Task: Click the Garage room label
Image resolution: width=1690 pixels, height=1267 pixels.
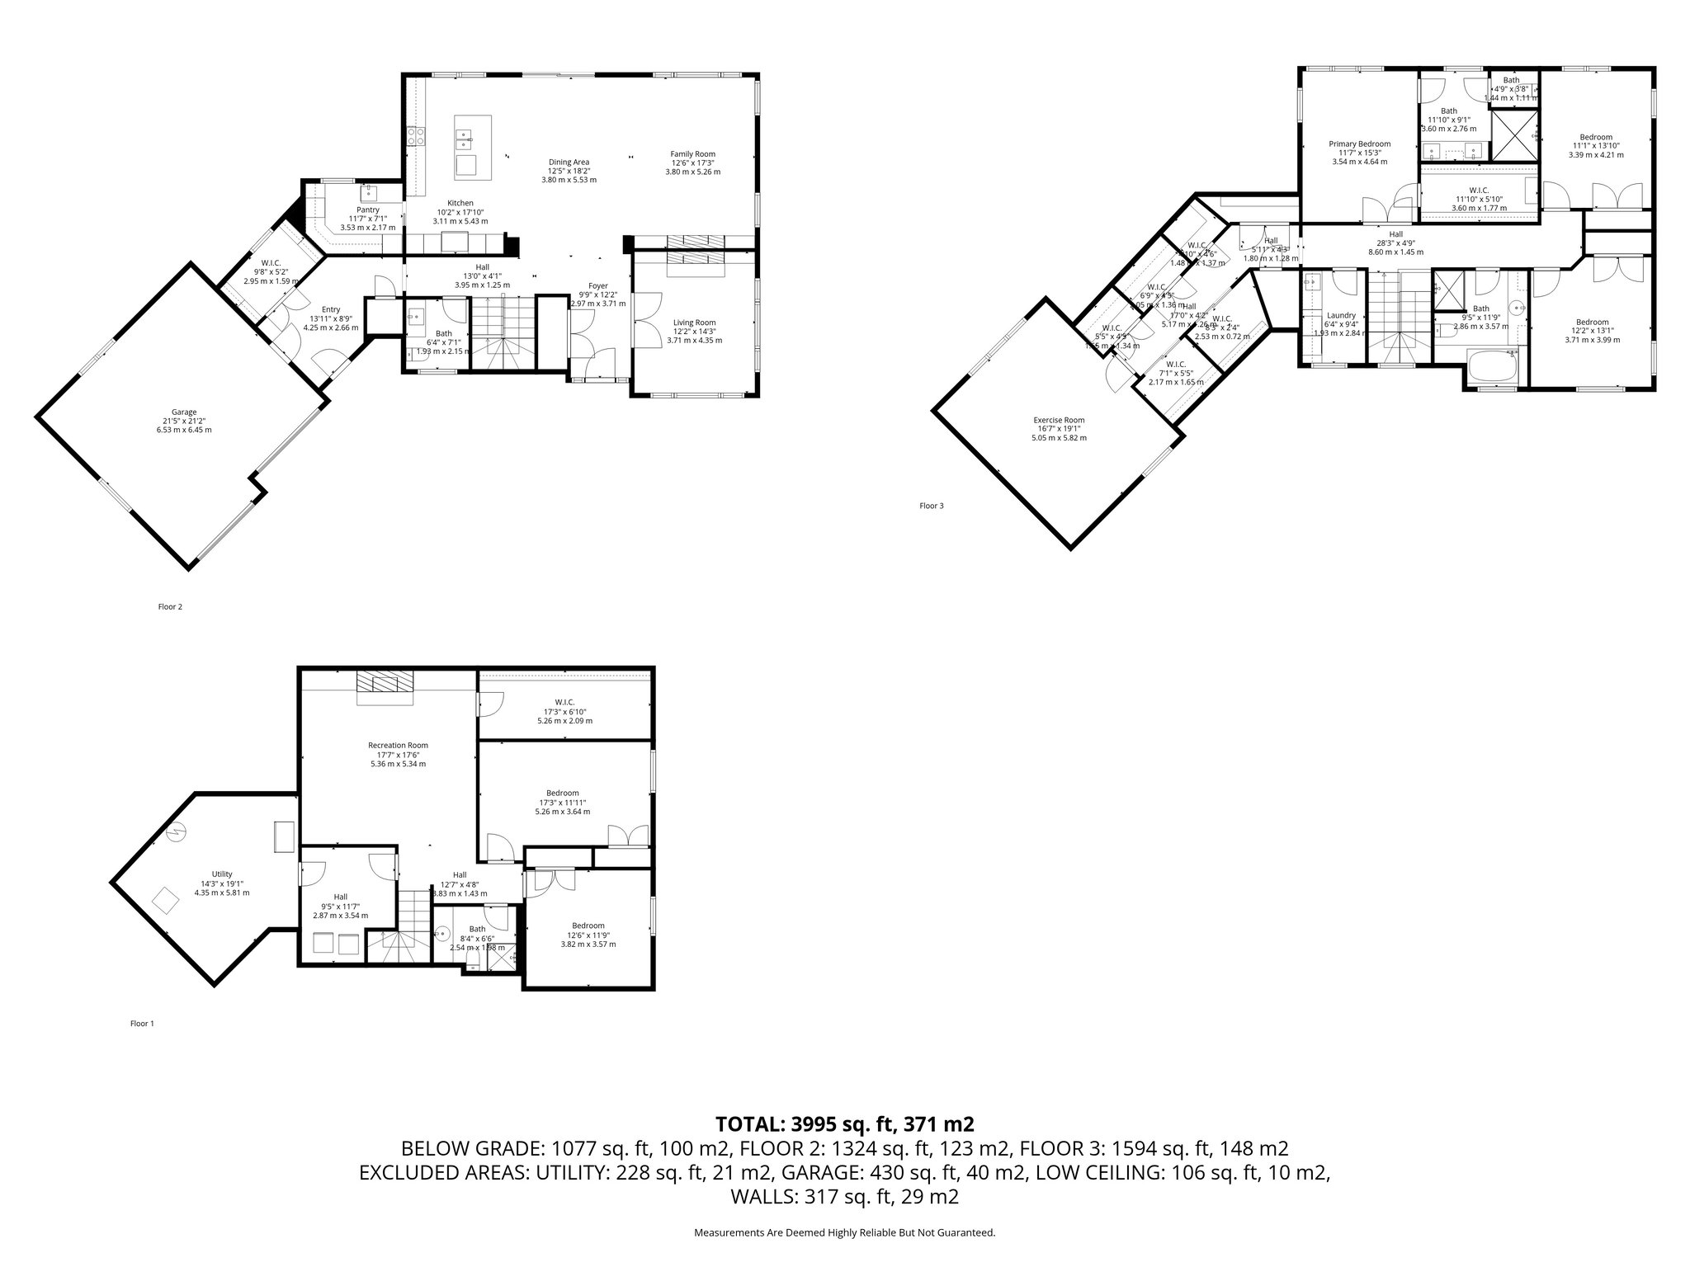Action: coord(184,412)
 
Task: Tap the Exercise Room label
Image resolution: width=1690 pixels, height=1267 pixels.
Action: coord(1059,420)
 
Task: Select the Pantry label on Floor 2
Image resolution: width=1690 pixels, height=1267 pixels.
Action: coord(368,210)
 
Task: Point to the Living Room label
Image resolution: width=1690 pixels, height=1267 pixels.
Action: coord(694,323)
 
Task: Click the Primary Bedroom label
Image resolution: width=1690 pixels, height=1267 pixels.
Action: coord(1359,144)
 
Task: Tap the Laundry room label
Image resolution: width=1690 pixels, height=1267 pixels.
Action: coord(1341,315)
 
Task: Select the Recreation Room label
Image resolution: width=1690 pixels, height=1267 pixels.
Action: coord(398,745)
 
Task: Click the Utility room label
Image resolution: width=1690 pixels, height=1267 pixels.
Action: coord(222,874)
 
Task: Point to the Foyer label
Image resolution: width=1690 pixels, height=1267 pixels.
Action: coord(598,285)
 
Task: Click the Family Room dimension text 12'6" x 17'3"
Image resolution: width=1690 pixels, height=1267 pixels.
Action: coord(692,163)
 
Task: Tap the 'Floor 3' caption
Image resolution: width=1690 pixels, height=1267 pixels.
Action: coord(931,506)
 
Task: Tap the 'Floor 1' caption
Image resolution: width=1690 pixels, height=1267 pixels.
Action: coord(142,1024)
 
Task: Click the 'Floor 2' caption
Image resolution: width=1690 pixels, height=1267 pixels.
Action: coord(170,607)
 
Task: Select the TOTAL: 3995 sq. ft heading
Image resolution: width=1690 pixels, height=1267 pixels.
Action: coord(844,1123)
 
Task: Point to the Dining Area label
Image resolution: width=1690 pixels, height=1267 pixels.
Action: coord(569,162)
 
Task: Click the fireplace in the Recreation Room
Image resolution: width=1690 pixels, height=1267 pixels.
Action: coord(385,686)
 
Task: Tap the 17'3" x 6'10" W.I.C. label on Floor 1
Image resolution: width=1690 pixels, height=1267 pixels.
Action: coord(564,711)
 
